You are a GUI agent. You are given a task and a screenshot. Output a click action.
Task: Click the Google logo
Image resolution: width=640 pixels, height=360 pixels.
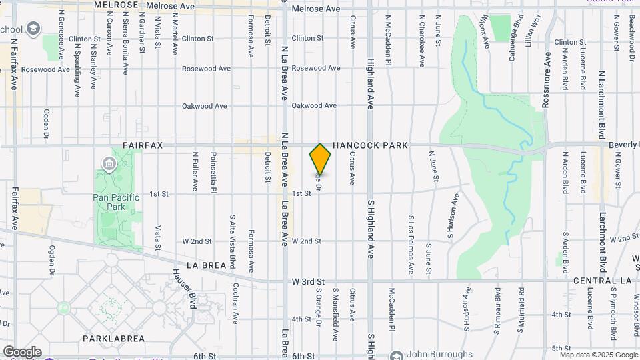coord(22,352)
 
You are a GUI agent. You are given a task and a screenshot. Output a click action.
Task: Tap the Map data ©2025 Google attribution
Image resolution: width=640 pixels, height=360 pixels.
coord(598,354)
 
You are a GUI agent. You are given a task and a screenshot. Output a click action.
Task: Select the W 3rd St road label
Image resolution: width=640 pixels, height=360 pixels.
coord(308,282)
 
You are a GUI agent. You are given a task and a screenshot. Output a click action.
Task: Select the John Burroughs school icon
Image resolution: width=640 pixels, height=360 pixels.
coord(397,355)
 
